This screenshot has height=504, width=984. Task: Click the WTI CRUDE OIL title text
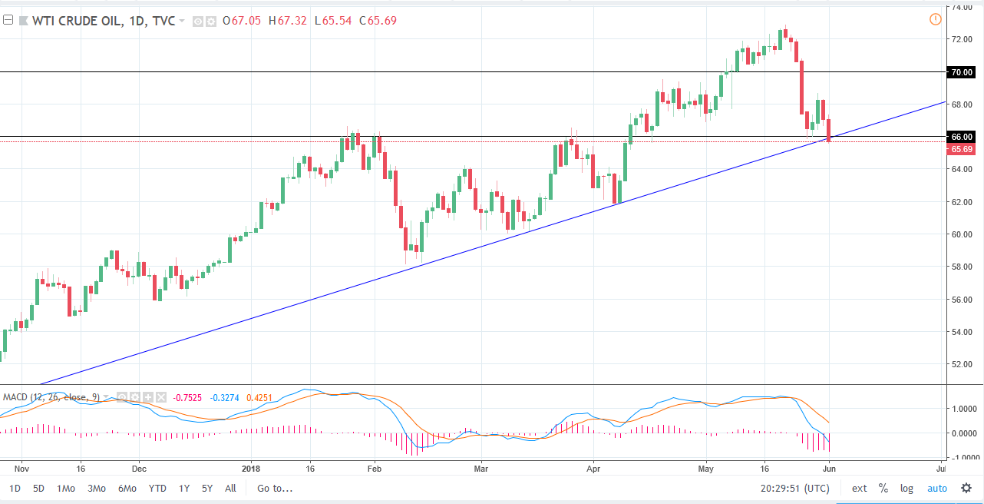[x=76, y=21]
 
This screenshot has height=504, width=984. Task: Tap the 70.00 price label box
[x=963, y=72]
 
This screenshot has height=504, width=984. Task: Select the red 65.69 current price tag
[x=963, y=149]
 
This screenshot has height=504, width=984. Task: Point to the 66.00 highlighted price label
[x=963, y=137]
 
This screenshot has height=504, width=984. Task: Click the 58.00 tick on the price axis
[x=962, y=267]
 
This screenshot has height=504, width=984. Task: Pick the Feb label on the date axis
[x=374, y=466]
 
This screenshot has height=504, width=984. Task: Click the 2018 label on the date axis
[x=252, y=466]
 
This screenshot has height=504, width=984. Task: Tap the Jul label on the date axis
[x=941, y=466]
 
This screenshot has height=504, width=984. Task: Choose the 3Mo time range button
[x=97, y=488]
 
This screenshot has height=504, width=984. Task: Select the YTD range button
[x=158, y=488]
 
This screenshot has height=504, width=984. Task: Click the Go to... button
[x=275, y=488]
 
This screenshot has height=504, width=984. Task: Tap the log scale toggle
[x=907, y=488]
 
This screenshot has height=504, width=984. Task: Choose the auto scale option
[x=937, y=488]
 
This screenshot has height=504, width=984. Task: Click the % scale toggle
[x=883, y=488]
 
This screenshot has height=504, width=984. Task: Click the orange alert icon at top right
[x=935, y=19]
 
